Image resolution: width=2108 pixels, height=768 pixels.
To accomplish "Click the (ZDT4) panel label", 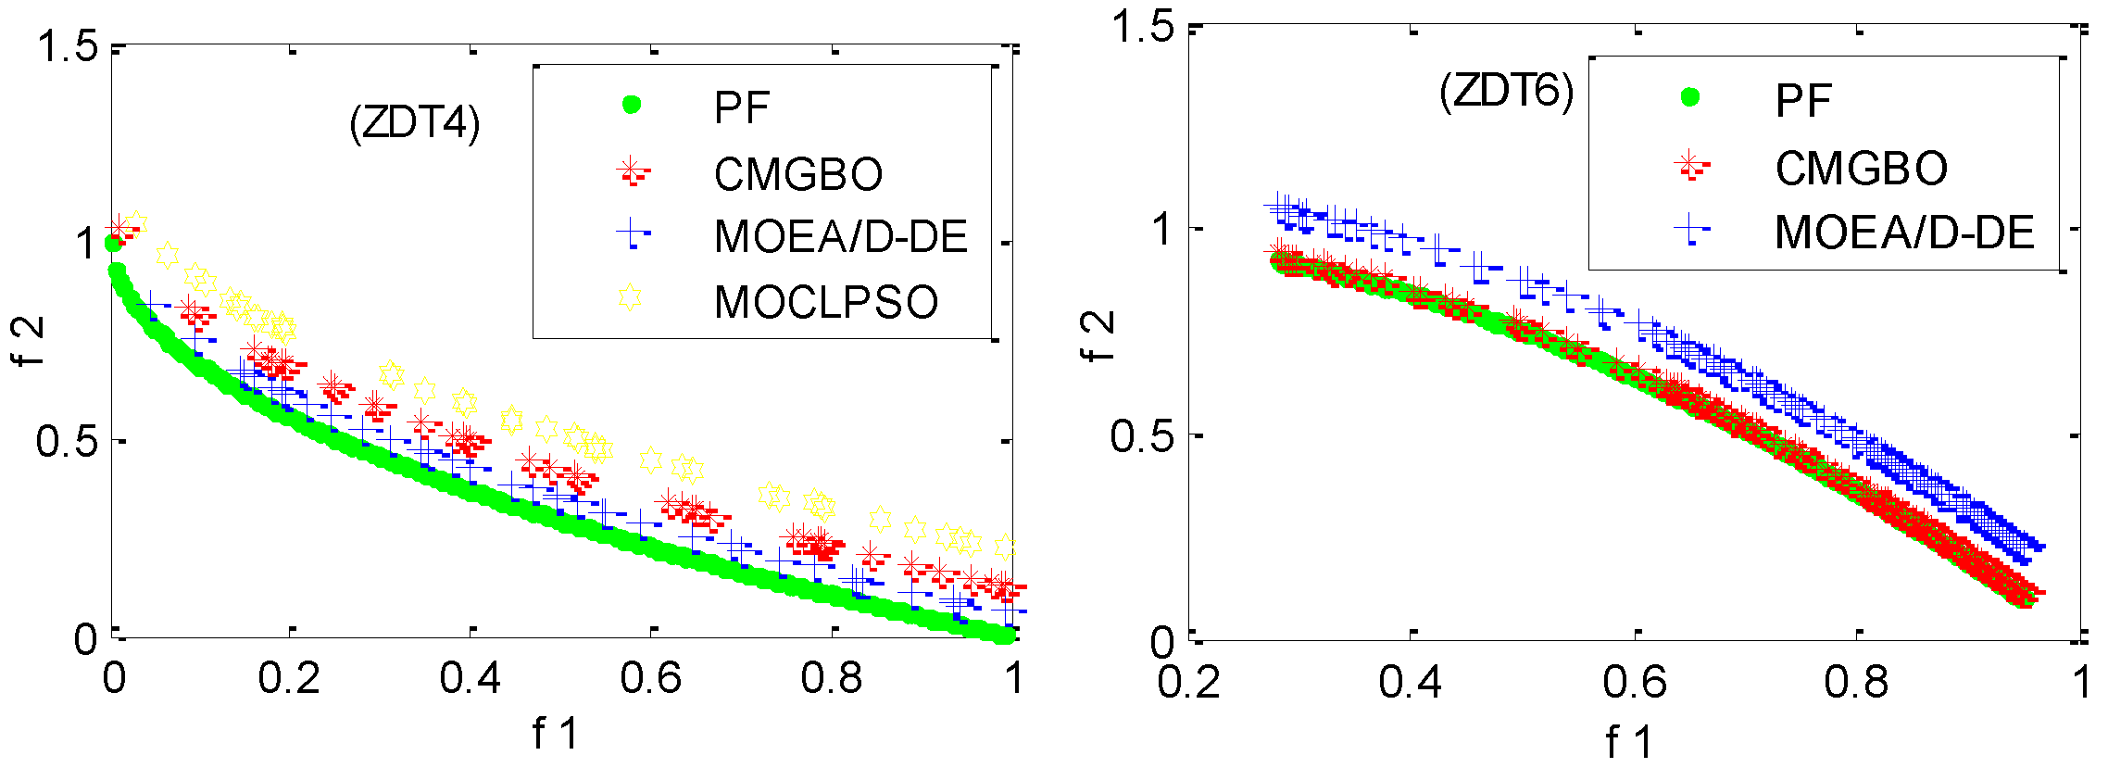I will [415, 123].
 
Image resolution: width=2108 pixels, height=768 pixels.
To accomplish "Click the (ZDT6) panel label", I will [1506, 92].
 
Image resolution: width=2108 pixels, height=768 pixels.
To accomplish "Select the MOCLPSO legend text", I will [826, 302].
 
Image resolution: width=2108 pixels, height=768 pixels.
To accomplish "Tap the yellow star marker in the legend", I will [630, 297].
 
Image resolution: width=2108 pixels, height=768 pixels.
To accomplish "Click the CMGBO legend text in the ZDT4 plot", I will [798, 174].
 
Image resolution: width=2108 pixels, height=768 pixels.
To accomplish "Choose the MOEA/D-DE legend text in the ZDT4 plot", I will [841, 236].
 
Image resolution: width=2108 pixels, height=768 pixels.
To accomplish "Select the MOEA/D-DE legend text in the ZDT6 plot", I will [1904, 232].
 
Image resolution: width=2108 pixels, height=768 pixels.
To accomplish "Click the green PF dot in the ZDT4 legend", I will [631, 105].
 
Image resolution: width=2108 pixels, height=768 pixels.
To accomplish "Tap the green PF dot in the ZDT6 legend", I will [1690, 96].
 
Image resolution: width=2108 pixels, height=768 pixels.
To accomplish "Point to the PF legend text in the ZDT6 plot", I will [1803, 100].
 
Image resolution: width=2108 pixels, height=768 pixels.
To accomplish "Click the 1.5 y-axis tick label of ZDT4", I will [67, 45].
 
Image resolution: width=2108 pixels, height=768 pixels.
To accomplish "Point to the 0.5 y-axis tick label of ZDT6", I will [1142, 435].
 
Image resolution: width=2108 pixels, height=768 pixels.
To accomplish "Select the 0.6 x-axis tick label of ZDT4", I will [650, 679].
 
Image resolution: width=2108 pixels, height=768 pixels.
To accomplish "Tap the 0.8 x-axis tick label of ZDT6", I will [1856, 683].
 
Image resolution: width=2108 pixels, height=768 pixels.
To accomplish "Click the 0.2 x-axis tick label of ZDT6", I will [1189, 683].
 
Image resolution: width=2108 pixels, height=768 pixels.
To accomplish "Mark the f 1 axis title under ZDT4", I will [555, 734].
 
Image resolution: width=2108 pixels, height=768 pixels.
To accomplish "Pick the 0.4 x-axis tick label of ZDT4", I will [470, 679].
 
